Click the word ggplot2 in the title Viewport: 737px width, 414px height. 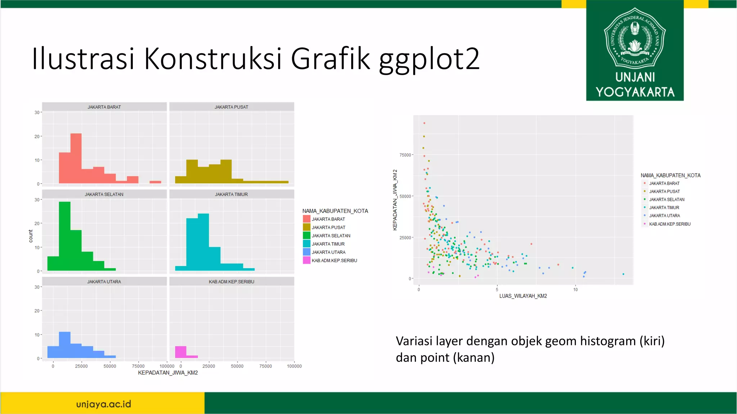coord(429,59)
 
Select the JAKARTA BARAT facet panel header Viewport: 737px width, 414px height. coord(104,107)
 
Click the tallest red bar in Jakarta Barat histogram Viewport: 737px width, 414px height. coord(76,158)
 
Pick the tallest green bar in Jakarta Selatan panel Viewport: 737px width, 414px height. coord(65,236)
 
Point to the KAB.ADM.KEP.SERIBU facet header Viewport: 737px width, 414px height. coord(231,282)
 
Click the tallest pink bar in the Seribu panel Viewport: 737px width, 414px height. coord(181,352)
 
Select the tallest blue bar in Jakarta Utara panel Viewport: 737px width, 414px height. coord(65,345)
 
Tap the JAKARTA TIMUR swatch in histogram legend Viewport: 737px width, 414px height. coord(307,244)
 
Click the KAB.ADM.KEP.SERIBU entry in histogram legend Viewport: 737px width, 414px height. coord(334,261)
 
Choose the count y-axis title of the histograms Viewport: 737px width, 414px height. coord(31,236)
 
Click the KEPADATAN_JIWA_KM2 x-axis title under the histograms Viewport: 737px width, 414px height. coord(168,373)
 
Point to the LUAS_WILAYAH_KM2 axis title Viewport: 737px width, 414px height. coord(523,296)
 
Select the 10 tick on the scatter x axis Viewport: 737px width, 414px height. coord(575,290)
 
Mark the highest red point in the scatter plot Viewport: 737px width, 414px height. coord(424,123)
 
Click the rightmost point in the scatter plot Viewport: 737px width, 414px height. coord(623,274)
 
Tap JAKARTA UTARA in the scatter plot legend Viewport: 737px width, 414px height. coord(664,216)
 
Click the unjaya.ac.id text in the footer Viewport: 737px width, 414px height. coord(104,404)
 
